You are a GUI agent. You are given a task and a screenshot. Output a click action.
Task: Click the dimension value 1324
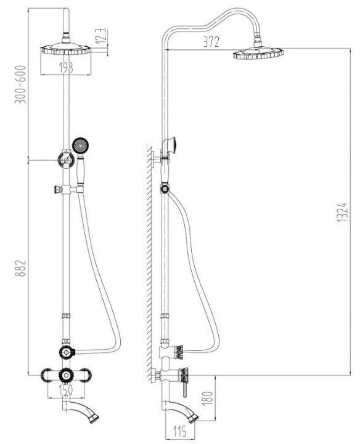pos(342,212)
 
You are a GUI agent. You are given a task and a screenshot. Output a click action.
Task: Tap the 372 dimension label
pos(211,42)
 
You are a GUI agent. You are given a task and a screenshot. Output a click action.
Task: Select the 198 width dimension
pos(66,68)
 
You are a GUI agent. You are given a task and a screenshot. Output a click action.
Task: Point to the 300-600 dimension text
pos(21,84)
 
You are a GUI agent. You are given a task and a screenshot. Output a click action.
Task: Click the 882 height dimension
pos(21,268)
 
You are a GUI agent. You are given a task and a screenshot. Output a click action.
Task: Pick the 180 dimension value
pos(208,398)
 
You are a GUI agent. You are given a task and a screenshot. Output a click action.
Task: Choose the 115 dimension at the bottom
pos(180,432)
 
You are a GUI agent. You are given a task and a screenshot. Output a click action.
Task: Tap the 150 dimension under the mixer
pos(66,390)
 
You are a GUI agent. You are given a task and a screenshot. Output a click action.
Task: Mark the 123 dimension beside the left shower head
pos(101,36)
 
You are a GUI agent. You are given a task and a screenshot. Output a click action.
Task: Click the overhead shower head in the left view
pos(66,49)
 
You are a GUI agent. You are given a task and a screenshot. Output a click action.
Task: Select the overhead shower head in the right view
pos(258,53)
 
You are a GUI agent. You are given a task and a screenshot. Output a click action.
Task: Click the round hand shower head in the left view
pos(81,145)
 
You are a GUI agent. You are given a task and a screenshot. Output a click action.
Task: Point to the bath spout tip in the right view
pos(194,418)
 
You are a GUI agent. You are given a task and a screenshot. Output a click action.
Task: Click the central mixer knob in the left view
pos(66,376)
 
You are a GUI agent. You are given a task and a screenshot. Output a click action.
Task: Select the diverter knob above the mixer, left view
pos(67,352)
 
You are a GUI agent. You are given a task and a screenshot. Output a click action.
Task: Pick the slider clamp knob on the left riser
pos(57,190)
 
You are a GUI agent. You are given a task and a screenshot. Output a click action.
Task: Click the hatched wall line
pos(149,264)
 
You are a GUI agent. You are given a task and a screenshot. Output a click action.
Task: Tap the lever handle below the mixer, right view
pos(185,389)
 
